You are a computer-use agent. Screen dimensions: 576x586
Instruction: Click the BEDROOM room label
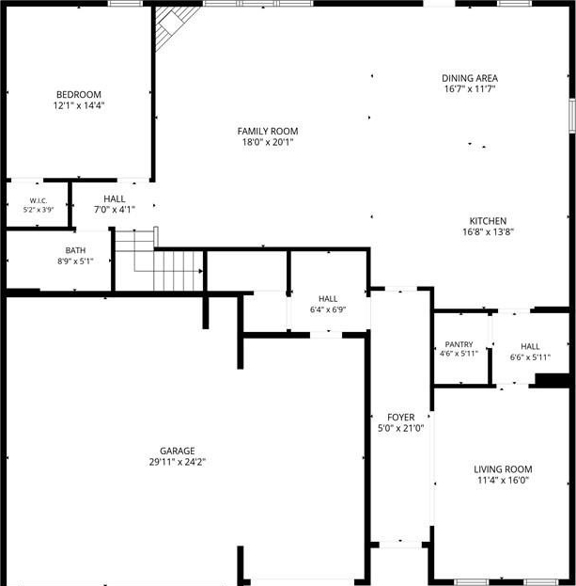click(79, 95)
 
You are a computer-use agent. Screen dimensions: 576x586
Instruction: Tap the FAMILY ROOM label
click(268, 131)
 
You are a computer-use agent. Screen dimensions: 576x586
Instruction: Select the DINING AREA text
click(470, 78)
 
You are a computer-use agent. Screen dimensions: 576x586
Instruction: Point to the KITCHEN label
click(488, 221)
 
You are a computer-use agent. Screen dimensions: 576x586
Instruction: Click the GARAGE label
click(178, 451)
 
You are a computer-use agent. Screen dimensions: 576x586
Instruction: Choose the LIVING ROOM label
click(503, 469)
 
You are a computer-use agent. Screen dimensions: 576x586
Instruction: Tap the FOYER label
click(400, 418)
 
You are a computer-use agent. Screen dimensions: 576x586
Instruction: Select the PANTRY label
click(459, 344)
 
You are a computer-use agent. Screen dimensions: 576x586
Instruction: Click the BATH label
click(75, 250)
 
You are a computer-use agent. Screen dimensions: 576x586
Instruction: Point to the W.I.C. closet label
click(39, 201)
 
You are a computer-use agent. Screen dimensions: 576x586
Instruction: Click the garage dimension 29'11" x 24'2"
click(178, 462)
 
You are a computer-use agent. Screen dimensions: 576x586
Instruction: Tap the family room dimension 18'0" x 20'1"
click(268, 142)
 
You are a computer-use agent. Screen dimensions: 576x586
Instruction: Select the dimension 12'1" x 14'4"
click(79, 105)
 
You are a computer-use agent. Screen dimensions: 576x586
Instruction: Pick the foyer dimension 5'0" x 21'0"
click(400, 428)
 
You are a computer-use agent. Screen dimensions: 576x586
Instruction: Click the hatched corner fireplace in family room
click(174, 26)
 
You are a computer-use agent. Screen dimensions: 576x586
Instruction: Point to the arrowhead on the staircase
click(200, 271)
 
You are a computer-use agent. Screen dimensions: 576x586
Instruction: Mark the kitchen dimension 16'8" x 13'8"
click(488, 231)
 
